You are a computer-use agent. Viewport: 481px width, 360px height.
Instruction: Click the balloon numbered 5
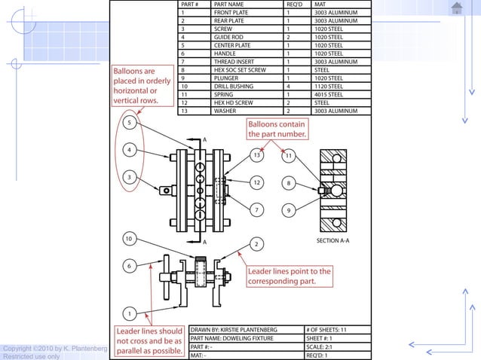pos(130,122)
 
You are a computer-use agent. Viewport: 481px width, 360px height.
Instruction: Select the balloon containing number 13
pos(257,155)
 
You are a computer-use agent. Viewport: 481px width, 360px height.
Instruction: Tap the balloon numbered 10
pos(130,239)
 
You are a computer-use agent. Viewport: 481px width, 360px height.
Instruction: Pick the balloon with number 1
pos(130,313)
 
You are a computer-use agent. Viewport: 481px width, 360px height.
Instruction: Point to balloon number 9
pos(288,211)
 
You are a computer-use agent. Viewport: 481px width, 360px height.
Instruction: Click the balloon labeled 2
pos(257,243)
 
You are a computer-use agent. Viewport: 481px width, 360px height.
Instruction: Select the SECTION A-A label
pos(332,241)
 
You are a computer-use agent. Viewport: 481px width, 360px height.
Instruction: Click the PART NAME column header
pos(228,5)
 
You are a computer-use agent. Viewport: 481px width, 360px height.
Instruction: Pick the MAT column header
pos(319,5)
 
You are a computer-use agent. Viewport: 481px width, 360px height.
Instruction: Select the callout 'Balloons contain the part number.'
pos(277,129)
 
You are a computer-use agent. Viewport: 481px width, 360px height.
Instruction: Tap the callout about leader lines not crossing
pos(149,341)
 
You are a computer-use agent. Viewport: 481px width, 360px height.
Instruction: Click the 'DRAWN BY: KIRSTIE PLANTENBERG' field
pos(234,330)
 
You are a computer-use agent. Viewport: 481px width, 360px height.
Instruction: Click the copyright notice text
pos(54,352)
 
